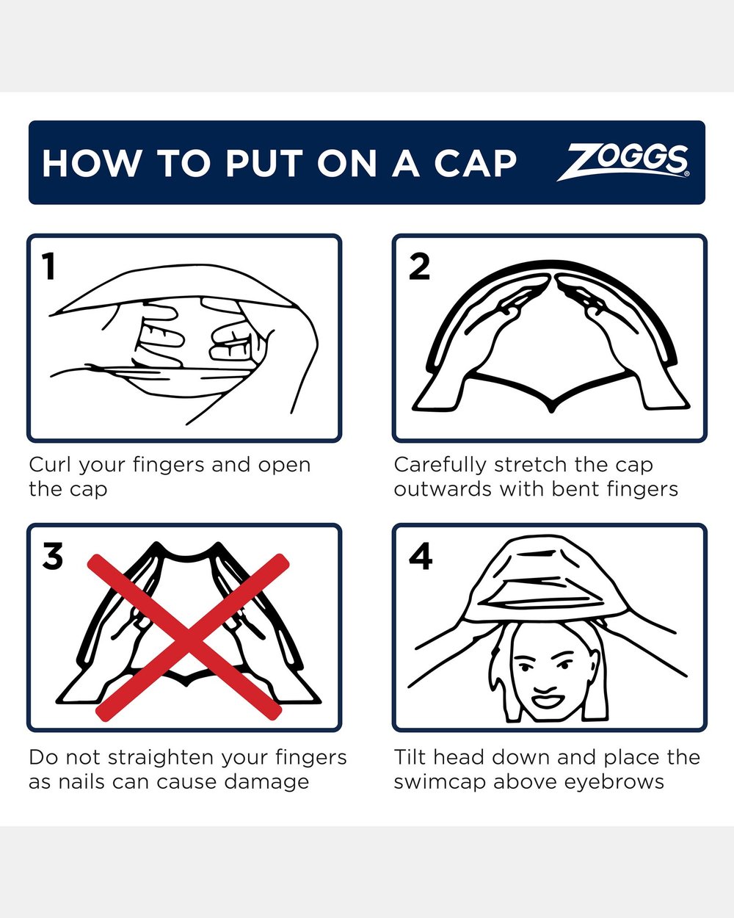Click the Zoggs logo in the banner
pos(622,162)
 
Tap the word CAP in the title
pos(476,163)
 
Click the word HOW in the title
pos(91,163)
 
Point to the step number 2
pos(419,266)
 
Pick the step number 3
pos(53,555)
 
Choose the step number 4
pos(421,555)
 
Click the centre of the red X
pos(188,637)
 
